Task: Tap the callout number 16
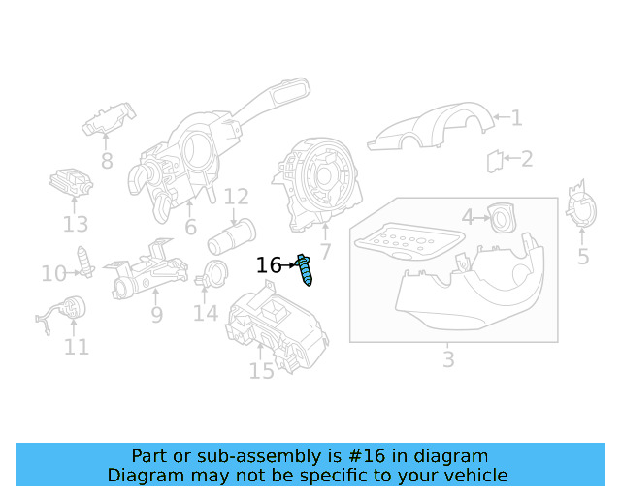269,265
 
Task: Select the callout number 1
516,118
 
